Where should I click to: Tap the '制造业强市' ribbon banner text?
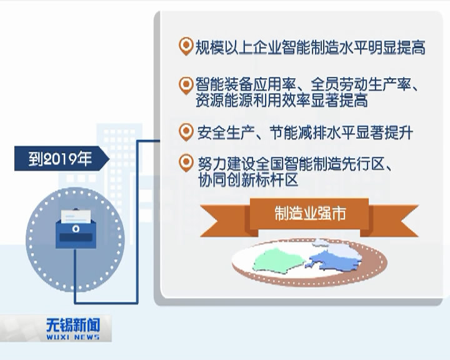click(x=310, y=214)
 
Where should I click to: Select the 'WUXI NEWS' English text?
click(x=73, y=337)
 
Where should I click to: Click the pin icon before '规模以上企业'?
click(x=185, y=46)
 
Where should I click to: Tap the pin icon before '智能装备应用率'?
click(x=185, y=84)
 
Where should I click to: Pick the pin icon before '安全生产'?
click(x=185, y=132)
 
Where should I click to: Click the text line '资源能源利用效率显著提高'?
click(x=281, y=100)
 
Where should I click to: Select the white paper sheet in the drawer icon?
click(x=74, y=216)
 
